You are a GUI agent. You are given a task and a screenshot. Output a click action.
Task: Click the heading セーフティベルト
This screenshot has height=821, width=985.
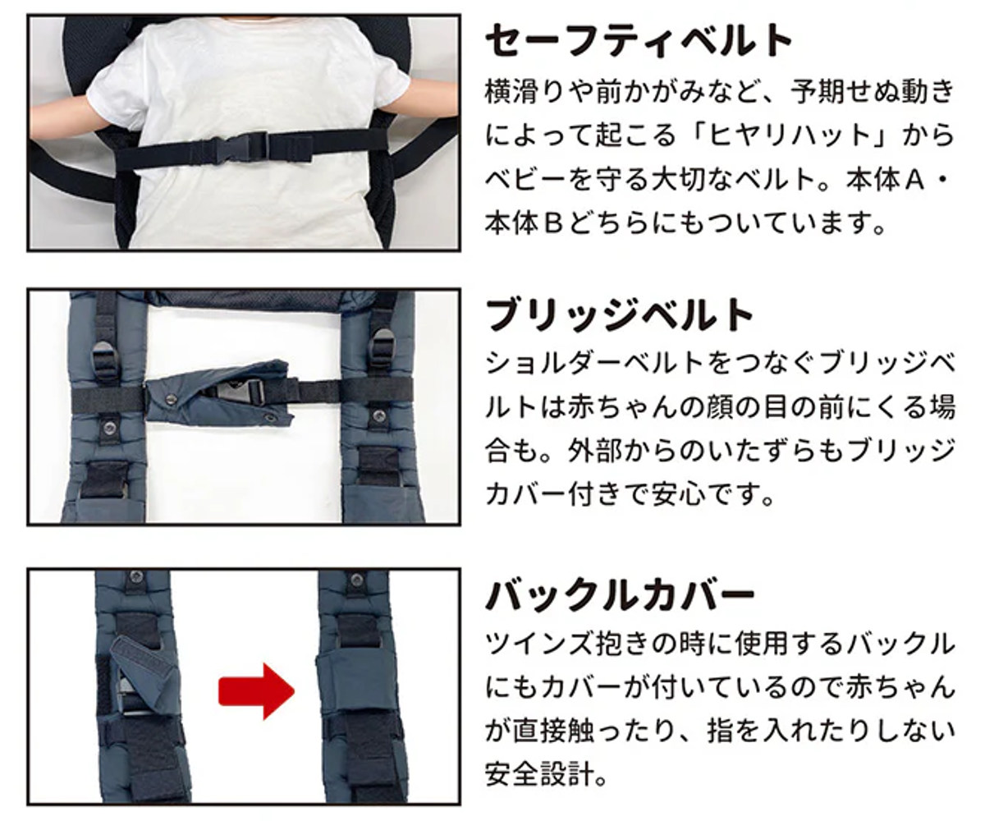pos(639,41)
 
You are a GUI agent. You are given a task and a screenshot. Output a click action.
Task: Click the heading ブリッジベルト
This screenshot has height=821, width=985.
pos(619,315)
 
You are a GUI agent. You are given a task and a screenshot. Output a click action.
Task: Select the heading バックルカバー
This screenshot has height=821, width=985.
pos(620,595)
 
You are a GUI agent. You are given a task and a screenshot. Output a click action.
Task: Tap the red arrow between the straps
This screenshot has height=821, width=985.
pos(257,692)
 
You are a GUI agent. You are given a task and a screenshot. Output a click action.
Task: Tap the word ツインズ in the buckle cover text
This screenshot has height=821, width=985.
pos(539,644)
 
